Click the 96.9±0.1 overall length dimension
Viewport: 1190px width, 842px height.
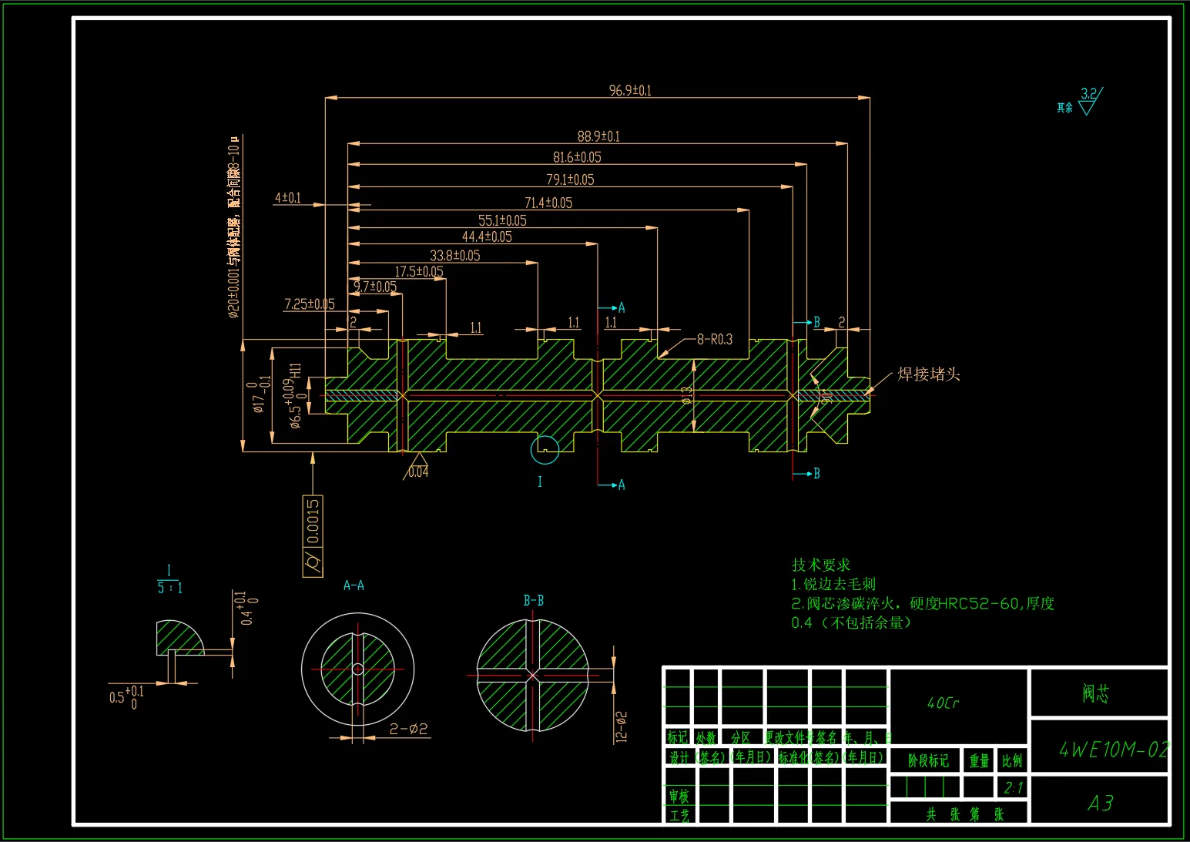630,90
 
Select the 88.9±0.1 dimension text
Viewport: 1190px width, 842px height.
598,136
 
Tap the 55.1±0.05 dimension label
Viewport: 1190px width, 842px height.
502,220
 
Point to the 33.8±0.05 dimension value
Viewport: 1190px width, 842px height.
454,255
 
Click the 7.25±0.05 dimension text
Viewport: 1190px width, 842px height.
309,304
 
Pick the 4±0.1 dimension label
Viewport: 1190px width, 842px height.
288,198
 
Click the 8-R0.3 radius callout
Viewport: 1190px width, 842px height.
714,339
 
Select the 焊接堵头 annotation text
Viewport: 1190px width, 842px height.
928,374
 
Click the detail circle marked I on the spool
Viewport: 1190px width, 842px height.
545,450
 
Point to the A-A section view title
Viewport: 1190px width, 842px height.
354,585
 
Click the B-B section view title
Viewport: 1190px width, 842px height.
533,600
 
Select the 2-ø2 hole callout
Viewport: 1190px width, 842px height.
408,729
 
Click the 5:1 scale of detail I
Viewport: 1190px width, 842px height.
169,588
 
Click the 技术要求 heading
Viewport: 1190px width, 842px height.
821,564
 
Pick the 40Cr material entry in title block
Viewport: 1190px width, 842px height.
943,703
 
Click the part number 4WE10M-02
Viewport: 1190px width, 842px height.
1114,749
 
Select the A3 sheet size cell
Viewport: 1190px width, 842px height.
1100,803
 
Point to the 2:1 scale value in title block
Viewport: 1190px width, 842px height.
1013,787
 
